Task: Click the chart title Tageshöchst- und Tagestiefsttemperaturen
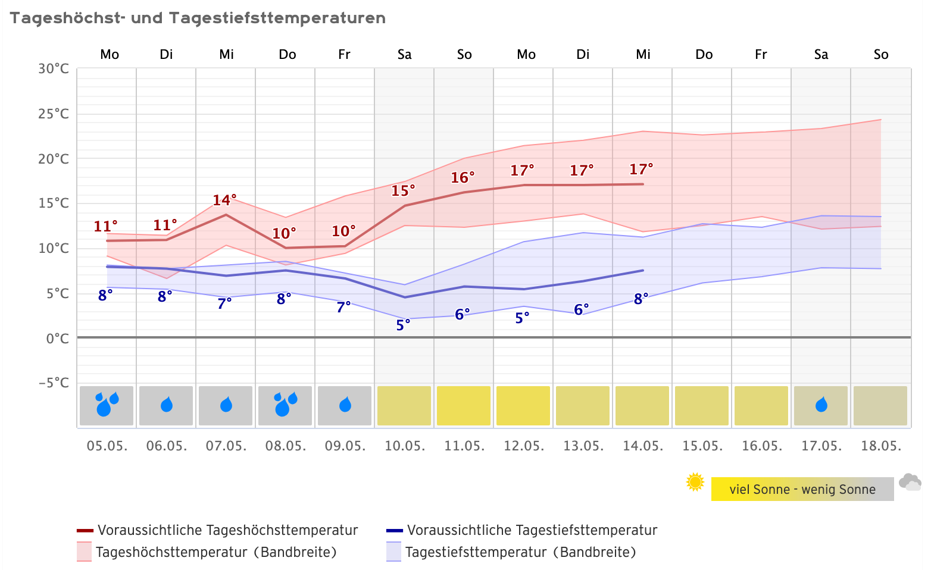[198, 18]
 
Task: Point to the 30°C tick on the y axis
[54, 69]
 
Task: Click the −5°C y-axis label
[54, 383]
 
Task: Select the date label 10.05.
[405, 446]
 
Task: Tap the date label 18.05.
[881, 446]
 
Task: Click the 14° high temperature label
[225, 200]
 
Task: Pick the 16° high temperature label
[463, 178]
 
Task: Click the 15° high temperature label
[403, 191]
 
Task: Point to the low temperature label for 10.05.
[403, 325]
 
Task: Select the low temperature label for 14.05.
[641, 299]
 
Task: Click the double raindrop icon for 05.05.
[107, 405]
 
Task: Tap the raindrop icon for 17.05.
[821, 405]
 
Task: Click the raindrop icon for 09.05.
[345, 405]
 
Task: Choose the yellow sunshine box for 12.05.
[523, 405]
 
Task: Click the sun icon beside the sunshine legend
[695, 482]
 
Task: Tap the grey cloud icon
[910, 482]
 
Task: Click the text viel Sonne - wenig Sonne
[802, 490]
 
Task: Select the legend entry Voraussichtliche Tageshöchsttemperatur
[227, 530]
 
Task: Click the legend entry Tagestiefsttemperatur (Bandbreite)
[520, 552]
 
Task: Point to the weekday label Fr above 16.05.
[761, 55]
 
